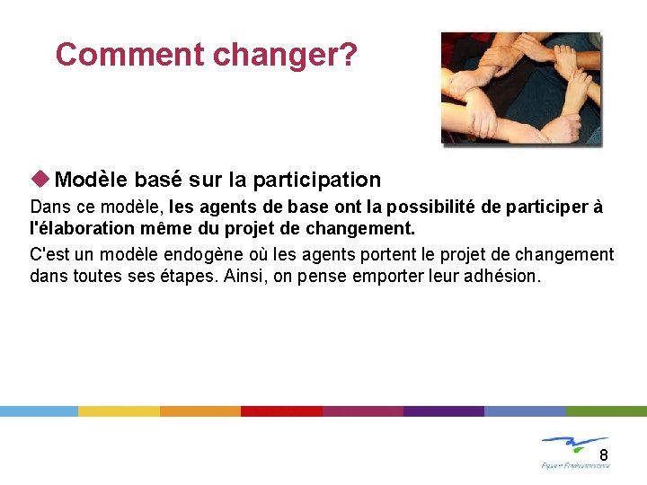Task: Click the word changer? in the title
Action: pyautogui.click(x=285, y=56)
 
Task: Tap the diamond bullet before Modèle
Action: pyautogui.click(x=41, y=180)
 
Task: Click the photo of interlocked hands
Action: pyautogui.click(x=520, y=88)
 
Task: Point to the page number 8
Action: pyautogui.click(x=604, y=454)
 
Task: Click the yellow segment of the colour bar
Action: pyautogui.click(x=119, y=410)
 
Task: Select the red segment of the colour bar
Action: pyautogui.click(x=281, y=410)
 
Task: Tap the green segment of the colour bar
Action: pyautogui.click(x=607, y=410)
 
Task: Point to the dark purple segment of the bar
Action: pyautogui.click(x=444, y=410)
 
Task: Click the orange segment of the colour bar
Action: pyautogui.click(x=200, y=410)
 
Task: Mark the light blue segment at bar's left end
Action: pyautogui.click(x=39, y=410)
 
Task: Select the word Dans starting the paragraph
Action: pyautogui.click(x=49, y=207)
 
